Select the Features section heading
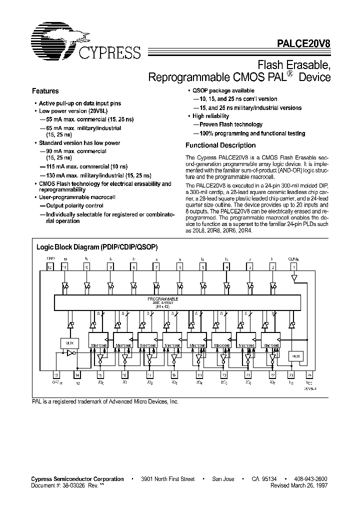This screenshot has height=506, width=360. click(x=45, y=91)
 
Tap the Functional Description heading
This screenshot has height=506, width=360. click(x=220, y=145)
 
